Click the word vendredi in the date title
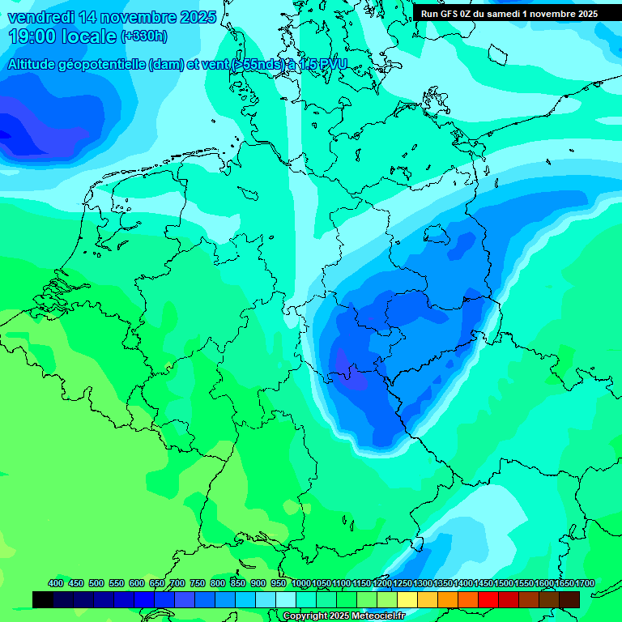pos(42,17)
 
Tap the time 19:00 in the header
pos(34,36)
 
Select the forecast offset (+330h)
pos(143,36)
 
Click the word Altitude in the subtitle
pos(36,65)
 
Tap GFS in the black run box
pos(448,14)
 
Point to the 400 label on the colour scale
pos(56,583)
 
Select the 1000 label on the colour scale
pos(301,583)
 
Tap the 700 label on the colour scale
pos(177,583)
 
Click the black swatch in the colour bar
pos(43,599)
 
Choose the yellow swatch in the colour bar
pos(407,599)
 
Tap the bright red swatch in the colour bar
pos(488,599)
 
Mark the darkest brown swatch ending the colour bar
pos(569,599)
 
